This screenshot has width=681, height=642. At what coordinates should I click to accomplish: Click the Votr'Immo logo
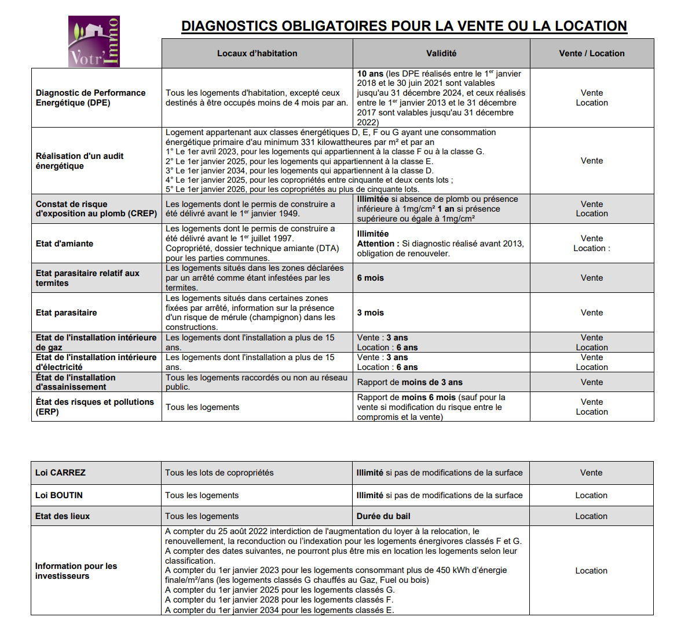(94, 41)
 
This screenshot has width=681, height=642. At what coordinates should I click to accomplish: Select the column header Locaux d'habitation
(257, 53)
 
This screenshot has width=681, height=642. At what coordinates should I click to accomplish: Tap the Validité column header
(441, 53)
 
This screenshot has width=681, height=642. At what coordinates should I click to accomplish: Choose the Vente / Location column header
(592, 53)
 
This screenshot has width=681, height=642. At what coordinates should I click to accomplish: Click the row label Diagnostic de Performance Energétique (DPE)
(90, 97)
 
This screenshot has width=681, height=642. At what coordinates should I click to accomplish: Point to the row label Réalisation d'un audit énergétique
(79, 161)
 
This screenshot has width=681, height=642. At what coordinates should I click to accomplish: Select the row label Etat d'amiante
(64, 244)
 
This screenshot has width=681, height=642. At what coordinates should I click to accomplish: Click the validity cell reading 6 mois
(371, 278)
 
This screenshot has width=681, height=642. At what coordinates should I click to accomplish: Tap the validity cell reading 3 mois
(371, 313)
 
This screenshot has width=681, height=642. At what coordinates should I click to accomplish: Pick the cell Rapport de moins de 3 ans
(410, 382)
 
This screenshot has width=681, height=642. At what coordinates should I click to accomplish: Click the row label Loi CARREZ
(60, 473)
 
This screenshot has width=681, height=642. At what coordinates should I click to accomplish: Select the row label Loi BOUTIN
(59, 495)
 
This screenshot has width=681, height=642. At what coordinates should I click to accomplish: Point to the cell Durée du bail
(383, 516)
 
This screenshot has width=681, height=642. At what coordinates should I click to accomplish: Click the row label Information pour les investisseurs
(76, 571)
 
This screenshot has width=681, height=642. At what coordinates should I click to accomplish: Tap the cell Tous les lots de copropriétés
(219, 473)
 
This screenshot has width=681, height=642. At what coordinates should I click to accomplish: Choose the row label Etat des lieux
(63, 516)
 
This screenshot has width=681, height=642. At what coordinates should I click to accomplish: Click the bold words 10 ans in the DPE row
(370, 74)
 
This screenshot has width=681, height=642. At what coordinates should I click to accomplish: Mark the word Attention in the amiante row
(376, 244)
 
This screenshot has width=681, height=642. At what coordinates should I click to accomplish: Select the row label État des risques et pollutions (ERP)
(94, 407)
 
